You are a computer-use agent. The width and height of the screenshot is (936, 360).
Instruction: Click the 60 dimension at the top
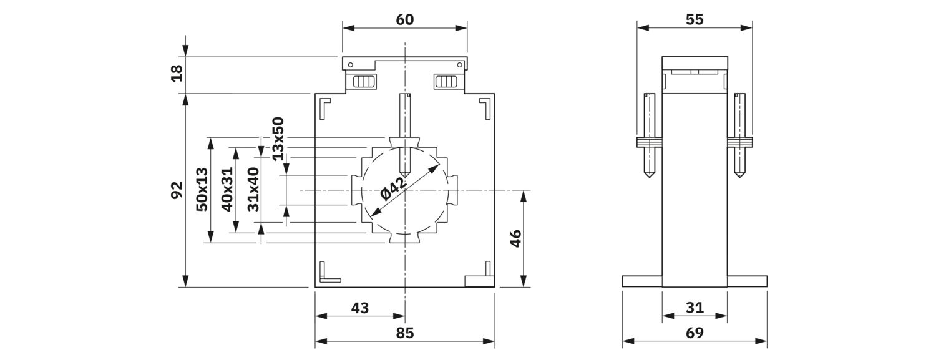tap(404, 19)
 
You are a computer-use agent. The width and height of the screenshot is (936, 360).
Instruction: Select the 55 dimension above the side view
tap(695, 19)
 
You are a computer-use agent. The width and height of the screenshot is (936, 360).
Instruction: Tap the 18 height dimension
tap(177, 73)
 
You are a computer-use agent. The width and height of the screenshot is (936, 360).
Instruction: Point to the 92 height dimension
tap(177, 190)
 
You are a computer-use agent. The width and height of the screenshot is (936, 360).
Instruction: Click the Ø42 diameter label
tap(394, 189)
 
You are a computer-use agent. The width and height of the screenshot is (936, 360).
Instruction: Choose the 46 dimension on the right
tap(516, 238)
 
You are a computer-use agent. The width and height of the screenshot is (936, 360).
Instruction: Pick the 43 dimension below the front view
tap(360, 308)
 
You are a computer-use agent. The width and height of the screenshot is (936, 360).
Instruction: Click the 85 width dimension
tap(404, 333)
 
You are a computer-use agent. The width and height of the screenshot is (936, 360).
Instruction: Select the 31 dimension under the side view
tap(695, 308)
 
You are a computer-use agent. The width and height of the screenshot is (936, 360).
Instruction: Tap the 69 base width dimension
tap(695, 333)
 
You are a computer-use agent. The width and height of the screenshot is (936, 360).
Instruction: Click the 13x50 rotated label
tap(278, 139)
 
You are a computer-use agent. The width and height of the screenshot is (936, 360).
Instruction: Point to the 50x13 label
tap(202, 189)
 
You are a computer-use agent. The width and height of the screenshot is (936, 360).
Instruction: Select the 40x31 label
tap(227, 189)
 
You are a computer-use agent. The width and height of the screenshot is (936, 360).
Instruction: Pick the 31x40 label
tap(253, 189)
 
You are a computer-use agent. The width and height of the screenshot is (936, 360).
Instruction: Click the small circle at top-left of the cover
tap(350, 65)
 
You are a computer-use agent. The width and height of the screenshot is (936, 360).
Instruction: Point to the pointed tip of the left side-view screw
tap(649, 177)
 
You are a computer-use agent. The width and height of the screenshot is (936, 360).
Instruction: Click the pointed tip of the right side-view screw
tap(739, 177)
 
